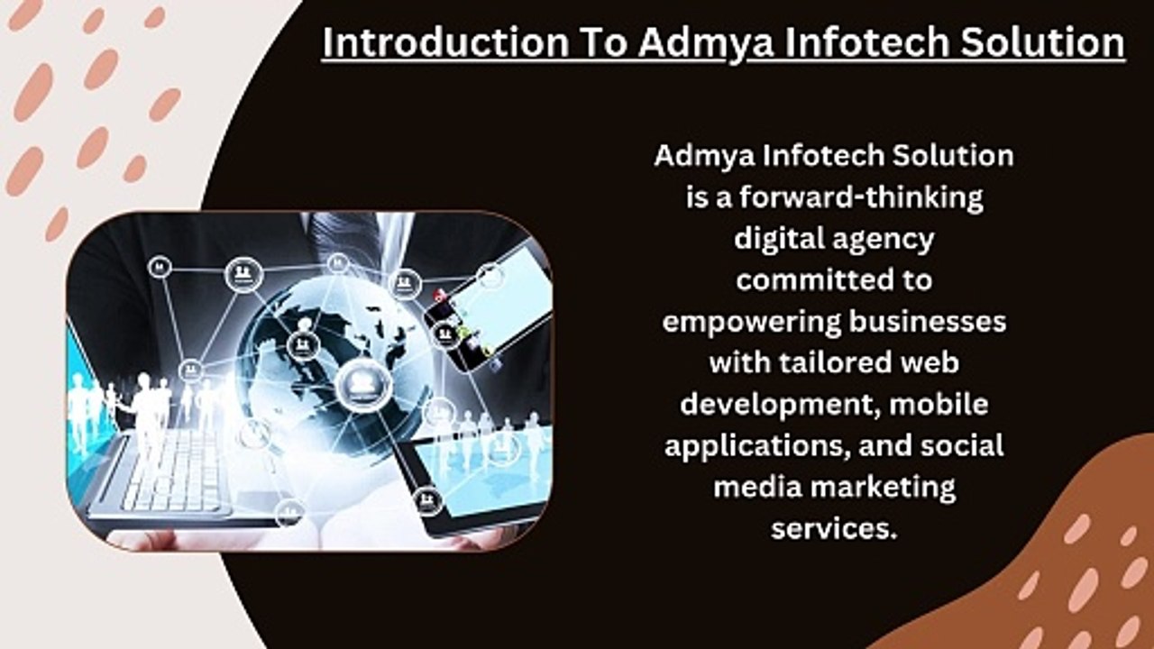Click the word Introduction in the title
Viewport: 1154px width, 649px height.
pos(445,41)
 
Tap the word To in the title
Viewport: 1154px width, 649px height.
pos(604,41)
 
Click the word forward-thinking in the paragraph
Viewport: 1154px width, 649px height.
pos(861,197)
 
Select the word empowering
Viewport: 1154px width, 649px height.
pos(751,323)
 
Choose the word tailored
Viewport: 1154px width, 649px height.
pos(835,362)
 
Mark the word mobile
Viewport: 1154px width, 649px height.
pos(939,405)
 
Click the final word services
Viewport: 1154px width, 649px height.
pos(835,528)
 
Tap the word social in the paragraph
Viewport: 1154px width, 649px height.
pos(962,445)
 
